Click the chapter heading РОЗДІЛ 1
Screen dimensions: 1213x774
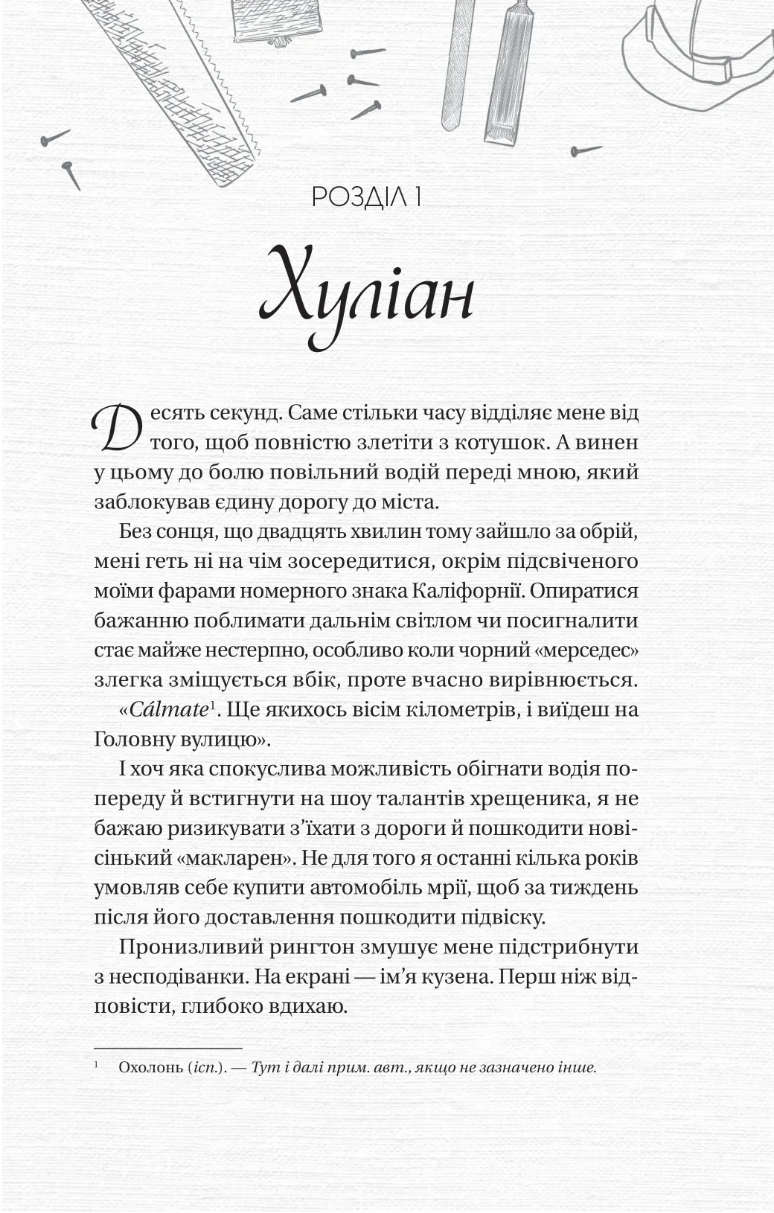pos(367,198)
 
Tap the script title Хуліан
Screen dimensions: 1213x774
pos(366,298)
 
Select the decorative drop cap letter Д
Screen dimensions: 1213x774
pos(115,428)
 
